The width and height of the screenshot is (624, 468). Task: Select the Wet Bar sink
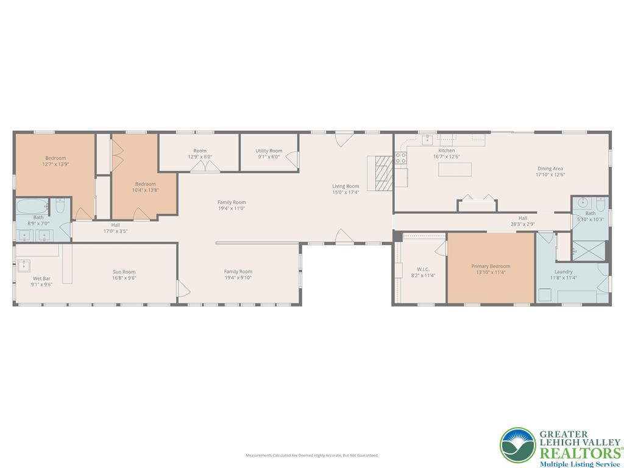tap(24, 265)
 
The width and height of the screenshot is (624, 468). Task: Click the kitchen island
tap(455, 169)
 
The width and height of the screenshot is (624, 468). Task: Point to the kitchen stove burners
tap(400, 159)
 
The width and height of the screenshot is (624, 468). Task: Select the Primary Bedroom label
tap(491, 266)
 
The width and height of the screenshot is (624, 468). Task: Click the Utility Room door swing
tap(292, 160)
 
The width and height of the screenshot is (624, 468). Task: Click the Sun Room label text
tap(124, 272)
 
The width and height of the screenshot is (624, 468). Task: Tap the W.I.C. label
tap(423, 269)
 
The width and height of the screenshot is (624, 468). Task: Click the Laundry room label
tap(563, 272)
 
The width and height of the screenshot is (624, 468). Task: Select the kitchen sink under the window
tap(427, 140)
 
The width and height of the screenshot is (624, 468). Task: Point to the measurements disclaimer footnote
tap(312, 455)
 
